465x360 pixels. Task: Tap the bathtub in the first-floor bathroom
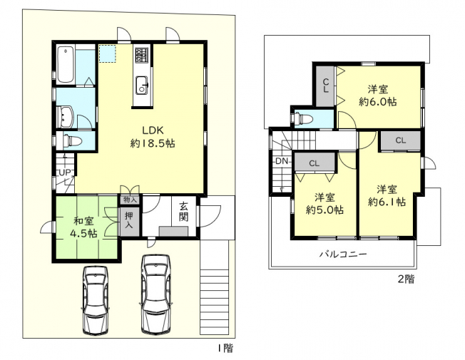pos(66,63)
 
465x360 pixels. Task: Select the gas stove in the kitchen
pos(142,55)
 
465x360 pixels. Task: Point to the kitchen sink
pos(142,86)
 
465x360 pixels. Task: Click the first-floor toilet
pos(69,141)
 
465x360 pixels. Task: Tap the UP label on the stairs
pos(64,173)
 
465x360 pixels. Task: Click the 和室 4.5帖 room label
pos(83,227)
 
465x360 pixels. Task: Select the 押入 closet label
pos(128,220)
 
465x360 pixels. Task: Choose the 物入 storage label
pos(130,200)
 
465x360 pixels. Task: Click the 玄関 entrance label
pos(184,212)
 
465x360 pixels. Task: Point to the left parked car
pos(96,300)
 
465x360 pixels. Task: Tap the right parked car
pos(155,294)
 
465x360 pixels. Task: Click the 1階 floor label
pos(225,348)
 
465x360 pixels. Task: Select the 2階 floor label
pos(406,279)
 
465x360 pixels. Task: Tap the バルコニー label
pos(343,254)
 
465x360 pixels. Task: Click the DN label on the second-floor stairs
pos(282,161)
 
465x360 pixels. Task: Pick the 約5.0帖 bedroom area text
pos(325,210)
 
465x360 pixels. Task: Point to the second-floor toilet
pos(302,119)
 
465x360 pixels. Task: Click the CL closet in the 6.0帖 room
pos(326,86)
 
